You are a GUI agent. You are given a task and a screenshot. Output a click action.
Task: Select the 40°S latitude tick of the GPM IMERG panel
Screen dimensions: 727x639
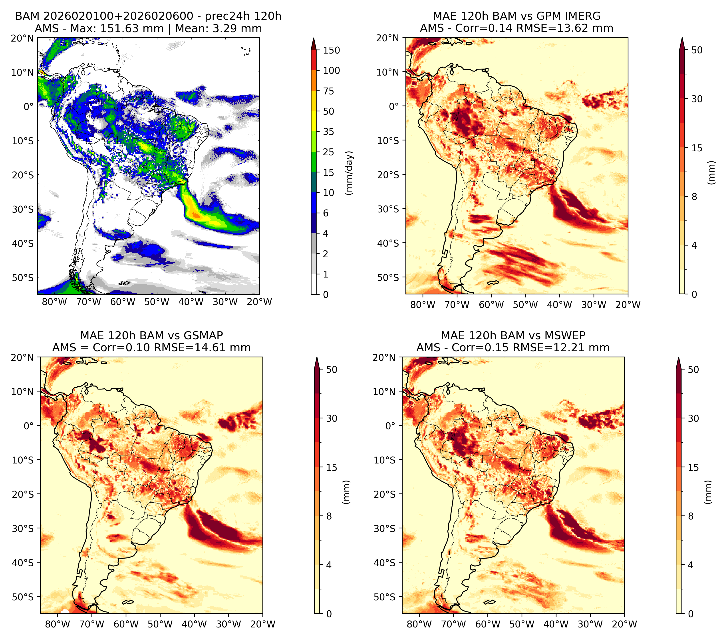tap(388, 243)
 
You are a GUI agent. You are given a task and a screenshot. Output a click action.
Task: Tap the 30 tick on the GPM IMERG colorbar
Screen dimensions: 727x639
tap(697, 99)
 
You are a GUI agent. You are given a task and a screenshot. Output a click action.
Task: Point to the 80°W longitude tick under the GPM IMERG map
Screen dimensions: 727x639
tap(423, 305)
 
